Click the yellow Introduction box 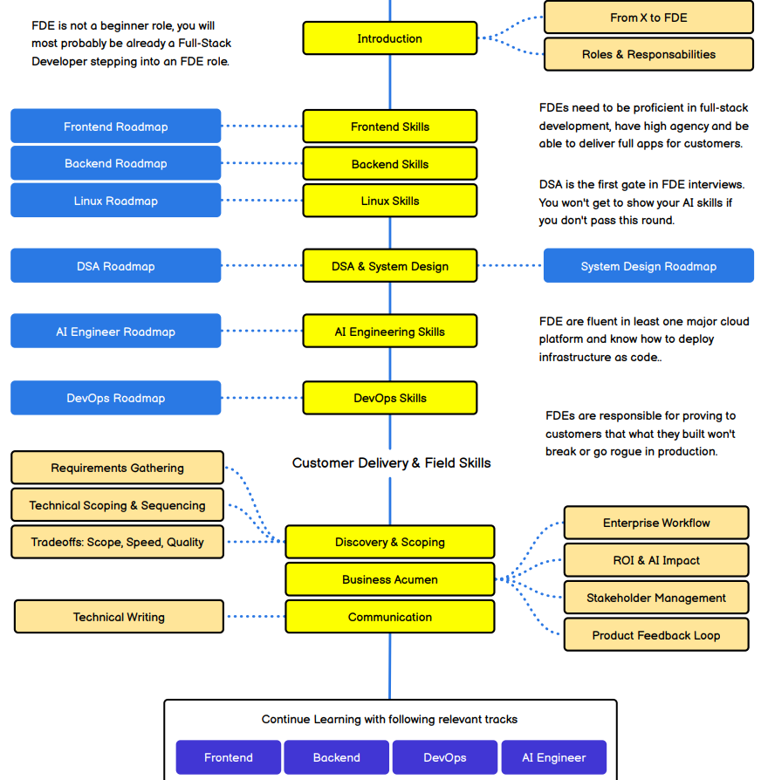tap(390, 38)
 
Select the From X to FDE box tap(648, 17)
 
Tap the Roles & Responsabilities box tap(648, 54)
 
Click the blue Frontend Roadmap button tap(115, 127)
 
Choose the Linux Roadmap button tap(115, 201)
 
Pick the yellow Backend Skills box tap(390, 164)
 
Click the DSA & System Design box tap(390, 266)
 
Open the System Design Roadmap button tap(648, 266)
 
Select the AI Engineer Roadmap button tap(115, 332)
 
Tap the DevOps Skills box tap(390, 398)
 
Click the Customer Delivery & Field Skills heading tap(391, 463)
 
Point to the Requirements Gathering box tap(118, 468)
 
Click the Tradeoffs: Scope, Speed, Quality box tap(118, 542)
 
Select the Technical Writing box tap(119, 617)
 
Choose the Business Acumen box tap(390, 579)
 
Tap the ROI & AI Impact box tap(656, 560)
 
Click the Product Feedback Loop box tap(656, 635)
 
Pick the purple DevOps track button tap(445, 757)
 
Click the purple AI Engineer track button tap(554, 757)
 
